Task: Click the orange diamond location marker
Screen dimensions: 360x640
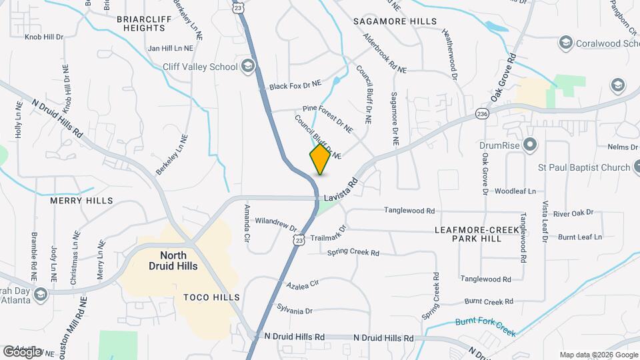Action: pyautogui.click(x=320, y=159)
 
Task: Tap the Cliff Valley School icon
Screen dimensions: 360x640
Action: pyautogui.click(x=248, y=65)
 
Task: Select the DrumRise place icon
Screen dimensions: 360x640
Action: pyautogui.click(x=530, y=144)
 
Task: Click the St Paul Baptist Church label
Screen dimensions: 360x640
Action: pyautogui.click(x=584, y=167)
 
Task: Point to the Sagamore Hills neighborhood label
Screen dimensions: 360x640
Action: pyautogui.click(x=395, y=21)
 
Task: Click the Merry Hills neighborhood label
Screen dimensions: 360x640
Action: pyautogui.click(x=81, y=201)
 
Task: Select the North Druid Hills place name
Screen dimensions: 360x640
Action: pyautogui.click(x=178, y=261)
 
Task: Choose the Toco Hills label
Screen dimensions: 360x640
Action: pyautogui.click(x=206, y=298)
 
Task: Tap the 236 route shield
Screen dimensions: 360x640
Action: pyautogui.click(x=483, y=115)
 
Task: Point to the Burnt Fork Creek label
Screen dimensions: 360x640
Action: pyautogui.click(x=486, y=323)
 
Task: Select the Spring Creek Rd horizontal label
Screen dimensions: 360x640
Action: pyautogui.click(x=353, y=253)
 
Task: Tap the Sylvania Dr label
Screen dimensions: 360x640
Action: pyautogui.click(x=295, y=311)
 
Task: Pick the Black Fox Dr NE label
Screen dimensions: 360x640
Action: pyautogui.click(x=295, y=85)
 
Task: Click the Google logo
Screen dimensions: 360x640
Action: pyautogui.click(x=22, y=351)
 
